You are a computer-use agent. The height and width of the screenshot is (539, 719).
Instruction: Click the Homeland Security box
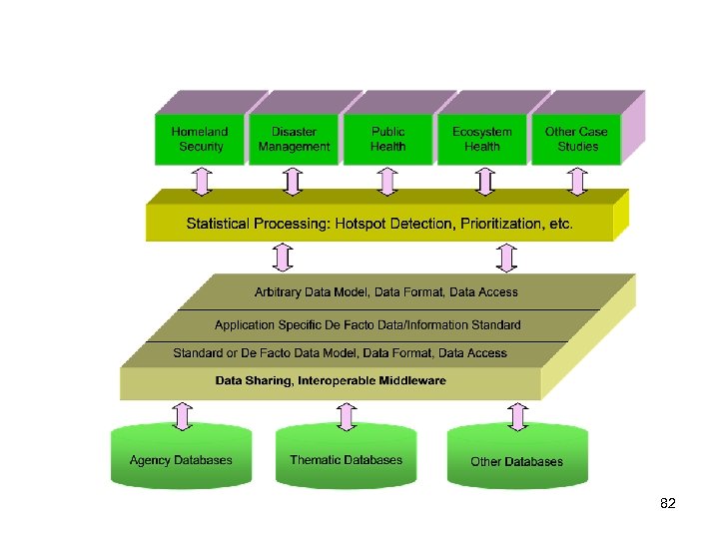point(200,139)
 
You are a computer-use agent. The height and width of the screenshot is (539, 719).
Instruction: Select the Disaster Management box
point(294,139)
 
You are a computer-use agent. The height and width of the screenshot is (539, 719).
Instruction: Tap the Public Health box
point(387,139)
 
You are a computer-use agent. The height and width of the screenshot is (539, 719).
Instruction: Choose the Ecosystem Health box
point(481,139)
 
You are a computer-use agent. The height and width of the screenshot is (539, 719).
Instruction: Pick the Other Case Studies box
point(576,139)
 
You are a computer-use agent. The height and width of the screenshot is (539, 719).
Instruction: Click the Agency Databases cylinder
point(181,460)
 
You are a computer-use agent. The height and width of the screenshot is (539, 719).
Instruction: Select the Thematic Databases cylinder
point(346,460)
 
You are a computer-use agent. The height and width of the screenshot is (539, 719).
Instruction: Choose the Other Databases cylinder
point(516,461)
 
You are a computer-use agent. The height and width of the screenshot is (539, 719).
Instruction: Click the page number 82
point(668,504)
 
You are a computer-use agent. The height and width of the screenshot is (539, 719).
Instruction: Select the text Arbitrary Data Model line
point(386,292)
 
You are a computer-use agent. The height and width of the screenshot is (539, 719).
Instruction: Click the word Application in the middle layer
point(246,324)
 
